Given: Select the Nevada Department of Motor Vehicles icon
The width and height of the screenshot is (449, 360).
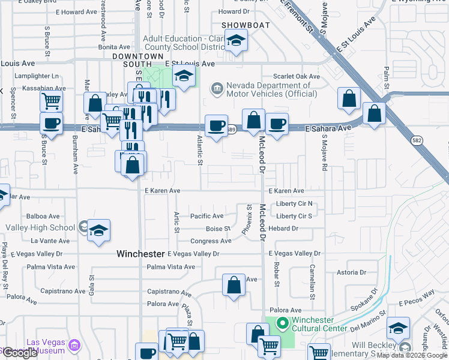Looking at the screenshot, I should coord(216,89).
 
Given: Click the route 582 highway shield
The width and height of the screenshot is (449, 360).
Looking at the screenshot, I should coord(417,140).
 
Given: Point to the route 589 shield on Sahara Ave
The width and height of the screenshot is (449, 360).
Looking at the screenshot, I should coord(232,130).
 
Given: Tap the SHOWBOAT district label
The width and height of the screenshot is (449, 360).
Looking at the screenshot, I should coord(241,25).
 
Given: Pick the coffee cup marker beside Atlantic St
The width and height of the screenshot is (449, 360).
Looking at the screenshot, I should coord(216,125).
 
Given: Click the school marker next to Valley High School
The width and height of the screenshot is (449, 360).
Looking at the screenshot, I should coord(98,230).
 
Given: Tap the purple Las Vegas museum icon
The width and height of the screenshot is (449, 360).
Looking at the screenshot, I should coord(74,345).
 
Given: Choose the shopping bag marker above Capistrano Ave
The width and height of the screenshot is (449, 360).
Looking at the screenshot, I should coord(234,284).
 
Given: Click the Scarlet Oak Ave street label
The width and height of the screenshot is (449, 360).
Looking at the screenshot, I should coord(297,76).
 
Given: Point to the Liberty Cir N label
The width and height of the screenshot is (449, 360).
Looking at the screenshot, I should coord(294,203).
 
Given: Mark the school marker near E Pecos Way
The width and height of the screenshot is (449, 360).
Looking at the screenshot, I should coord(397,328).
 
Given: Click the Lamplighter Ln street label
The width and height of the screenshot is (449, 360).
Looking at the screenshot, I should coord(37,76).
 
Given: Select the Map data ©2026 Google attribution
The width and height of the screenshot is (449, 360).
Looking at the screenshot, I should coord(412,355).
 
